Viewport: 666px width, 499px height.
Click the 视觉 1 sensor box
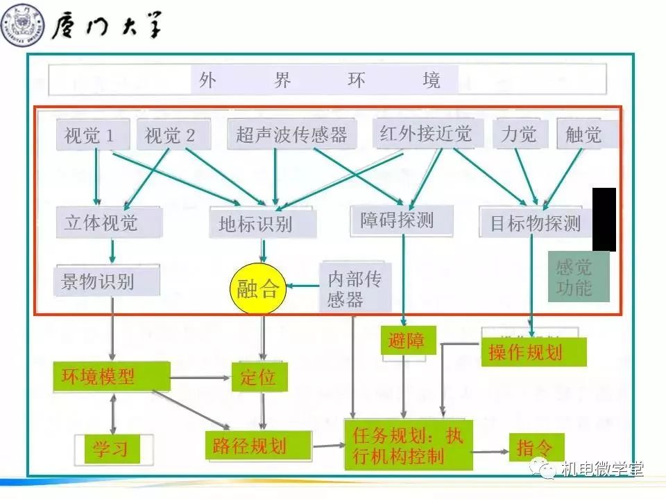point(92,135)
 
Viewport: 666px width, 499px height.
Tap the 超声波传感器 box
point(291,134)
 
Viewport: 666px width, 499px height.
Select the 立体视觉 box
point(108,222)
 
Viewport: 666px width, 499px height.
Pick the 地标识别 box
point(262,224)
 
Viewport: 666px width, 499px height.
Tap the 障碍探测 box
point(401,220)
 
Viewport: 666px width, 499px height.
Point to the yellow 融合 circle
point(257,288)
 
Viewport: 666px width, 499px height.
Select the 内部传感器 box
point(355,288)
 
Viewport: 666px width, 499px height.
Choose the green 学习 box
point(110,449)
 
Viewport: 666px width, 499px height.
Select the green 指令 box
point(536,448)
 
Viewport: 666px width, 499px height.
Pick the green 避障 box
point(407,340)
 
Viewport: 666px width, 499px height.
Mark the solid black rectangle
point(604,219)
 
